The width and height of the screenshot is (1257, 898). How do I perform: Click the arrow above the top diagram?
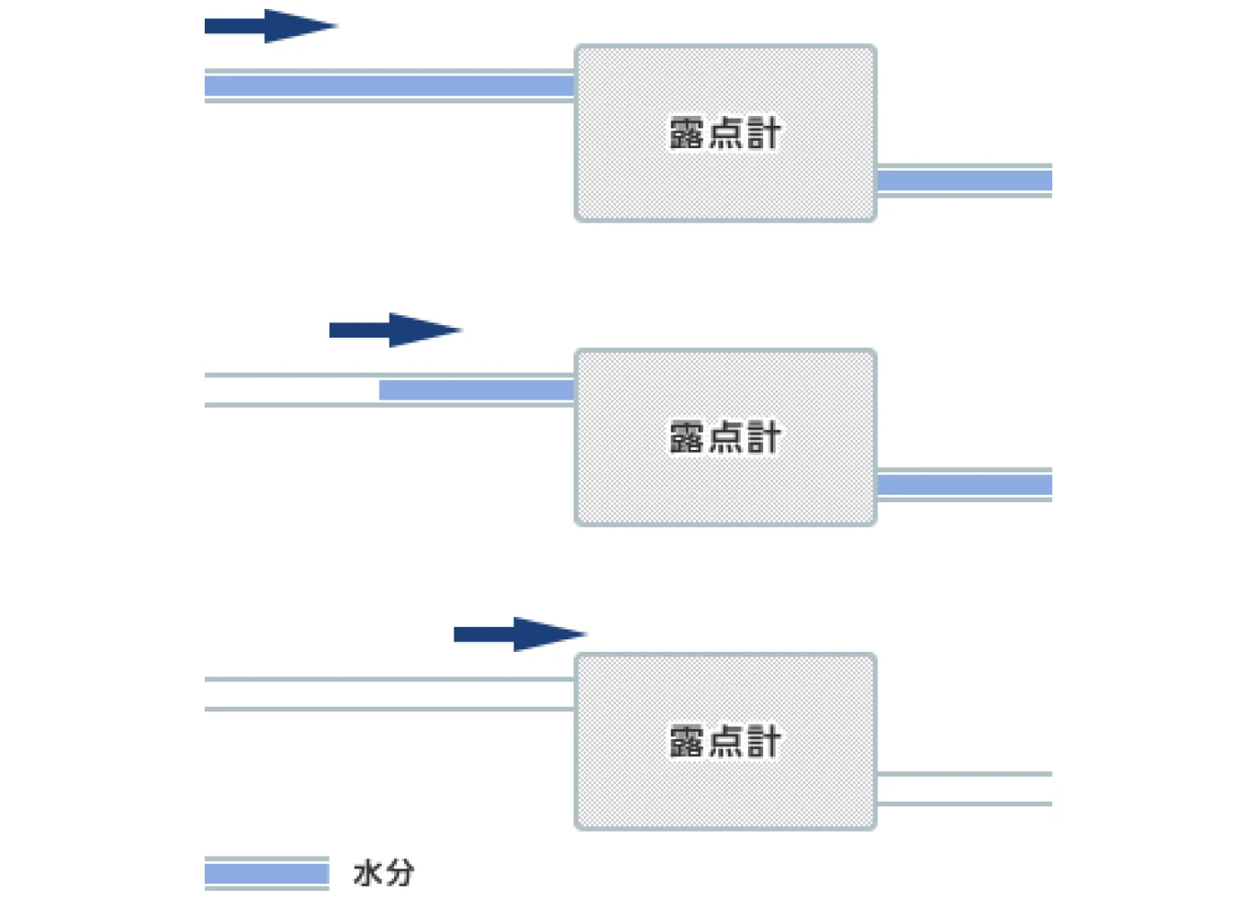271,26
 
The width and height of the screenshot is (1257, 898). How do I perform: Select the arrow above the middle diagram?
396,330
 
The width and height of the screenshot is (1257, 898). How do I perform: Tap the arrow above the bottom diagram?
520,634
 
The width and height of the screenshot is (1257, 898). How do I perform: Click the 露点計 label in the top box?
725,134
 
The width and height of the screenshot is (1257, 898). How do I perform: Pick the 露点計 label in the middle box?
725,437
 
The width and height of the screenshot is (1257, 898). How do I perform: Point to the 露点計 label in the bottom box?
725,742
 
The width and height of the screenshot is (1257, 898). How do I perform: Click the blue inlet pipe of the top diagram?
390,86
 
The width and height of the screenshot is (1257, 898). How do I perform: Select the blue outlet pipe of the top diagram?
964,180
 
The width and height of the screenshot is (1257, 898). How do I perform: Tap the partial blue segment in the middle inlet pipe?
477,390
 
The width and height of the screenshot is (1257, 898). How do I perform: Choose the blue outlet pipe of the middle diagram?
964,484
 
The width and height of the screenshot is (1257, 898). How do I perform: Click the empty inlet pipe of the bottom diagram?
390,693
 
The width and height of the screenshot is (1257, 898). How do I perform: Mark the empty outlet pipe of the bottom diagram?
964,788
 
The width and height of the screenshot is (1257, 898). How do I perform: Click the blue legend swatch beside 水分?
268,873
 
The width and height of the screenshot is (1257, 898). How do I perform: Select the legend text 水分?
384,873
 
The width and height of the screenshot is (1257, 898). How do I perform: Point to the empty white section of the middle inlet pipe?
292,390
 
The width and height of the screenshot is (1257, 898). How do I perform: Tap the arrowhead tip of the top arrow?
338,26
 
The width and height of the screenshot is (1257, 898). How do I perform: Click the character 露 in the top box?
686,134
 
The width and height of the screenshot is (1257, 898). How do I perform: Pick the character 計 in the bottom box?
764,742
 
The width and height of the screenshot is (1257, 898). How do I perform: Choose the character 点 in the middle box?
725,437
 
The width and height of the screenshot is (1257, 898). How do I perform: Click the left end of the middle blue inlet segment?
380,390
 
